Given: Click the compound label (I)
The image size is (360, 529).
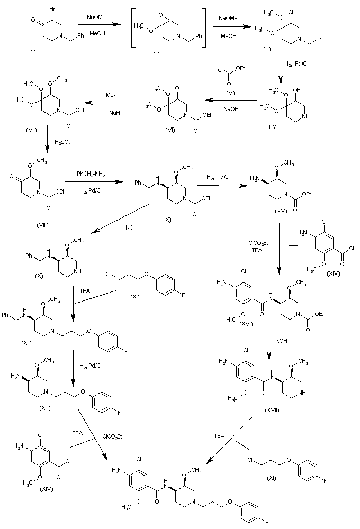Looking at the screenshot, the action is click(x=33, y=49).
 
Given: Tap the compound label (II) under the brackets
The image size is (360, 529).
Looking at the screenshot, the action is click(x=156, y=51).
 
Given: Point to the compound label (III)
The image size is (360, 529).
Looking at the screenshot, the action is click(x=267, y=49).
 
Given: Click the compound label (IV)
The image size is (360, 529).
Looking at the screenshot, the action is click(x=274, y=127).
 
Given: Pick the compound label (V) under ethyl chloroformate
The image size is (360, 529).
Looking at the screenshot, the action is click(x=231, y=93).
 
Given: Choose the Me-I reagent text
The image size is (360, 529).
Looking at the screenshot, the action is click(x=112, y=95).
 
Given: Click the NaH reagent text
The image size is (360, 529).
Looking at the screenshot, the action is click(x=114, y=113).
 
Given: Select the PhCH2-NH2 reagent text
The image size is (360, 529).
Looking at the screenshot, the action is click(x=91, y=175).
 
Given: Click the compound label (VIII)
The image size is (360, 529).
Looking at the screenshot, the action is click(x=43, y=225).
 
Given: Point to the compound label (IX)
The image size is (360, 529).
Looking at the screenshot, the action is click(x=166, y=220).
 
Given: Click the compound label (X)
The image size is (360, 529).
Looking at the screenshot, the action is click(x=39, y=276).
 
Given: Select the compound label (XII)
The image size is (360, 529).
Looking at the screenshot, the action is click(x=26, y=343).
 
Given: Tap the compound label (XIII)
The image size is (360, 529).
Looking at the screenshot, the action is click(x=45, y=408).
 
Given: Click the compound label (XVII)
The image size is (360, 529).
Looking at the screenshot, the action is click(x=272, y=411).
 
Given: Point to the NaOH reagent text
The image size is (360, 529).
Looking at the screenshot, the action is click(x=231, y=109).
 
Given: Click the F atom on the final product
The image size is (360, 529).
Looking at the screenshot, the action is click(x=266, y=523).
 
